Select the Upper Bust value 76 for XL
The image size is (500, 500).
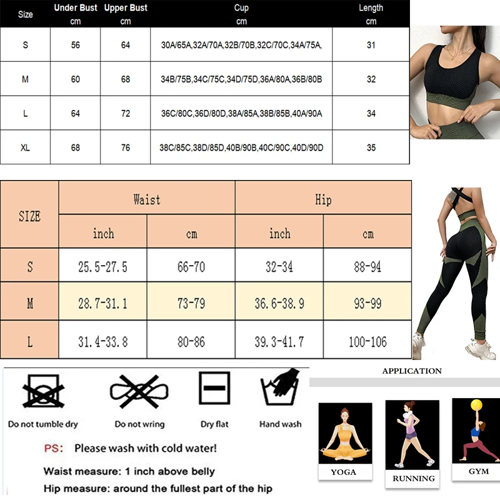[126, 147]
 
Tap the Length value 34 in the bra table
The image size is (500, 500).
[371, 114]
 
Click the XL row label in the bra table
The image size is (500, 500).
[25, 147]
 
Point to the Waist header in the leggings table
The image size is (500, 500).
[147, 199]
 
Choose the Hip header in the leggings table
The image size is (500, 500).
[323, 199]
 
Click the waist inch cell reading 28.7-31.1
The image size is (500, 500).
[103, 304]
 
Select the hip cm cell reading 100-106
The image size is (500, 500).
[367, 342]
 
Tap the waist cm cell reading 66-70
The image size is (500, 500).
[191, 267]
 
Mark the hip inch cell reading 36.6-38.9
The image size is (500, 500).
[279, 304]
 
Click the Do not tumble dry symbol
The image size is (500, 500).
[43, 391]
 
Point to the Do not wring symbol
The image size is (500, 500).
[139, 391]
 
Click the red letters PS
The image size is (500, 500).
[52, 448]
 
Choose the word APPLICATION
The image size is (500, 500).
[411, 371]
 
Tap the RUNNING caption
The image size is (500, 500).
[413, 479]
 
